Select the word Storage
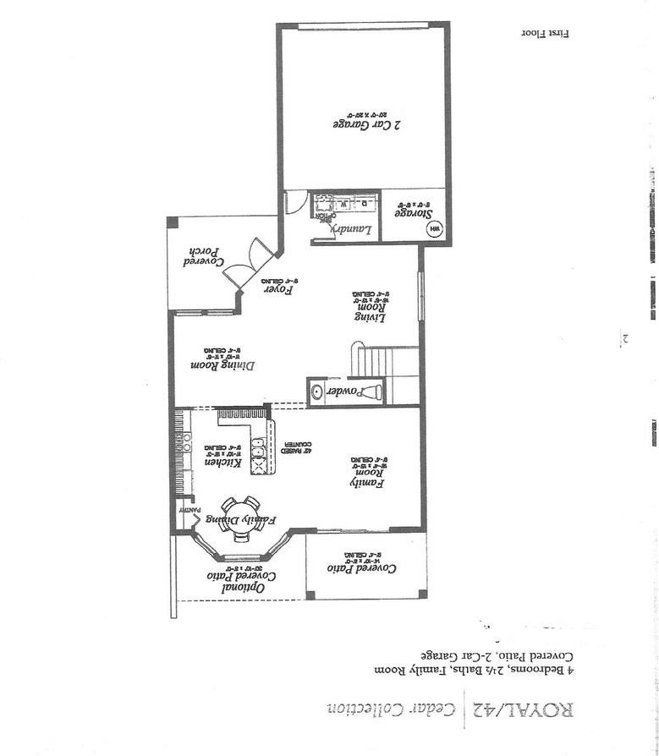[411, 213]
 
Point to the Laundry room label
[345, 228]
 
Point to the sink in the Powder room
[317, 392]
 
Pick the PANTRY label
[188, 512]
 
